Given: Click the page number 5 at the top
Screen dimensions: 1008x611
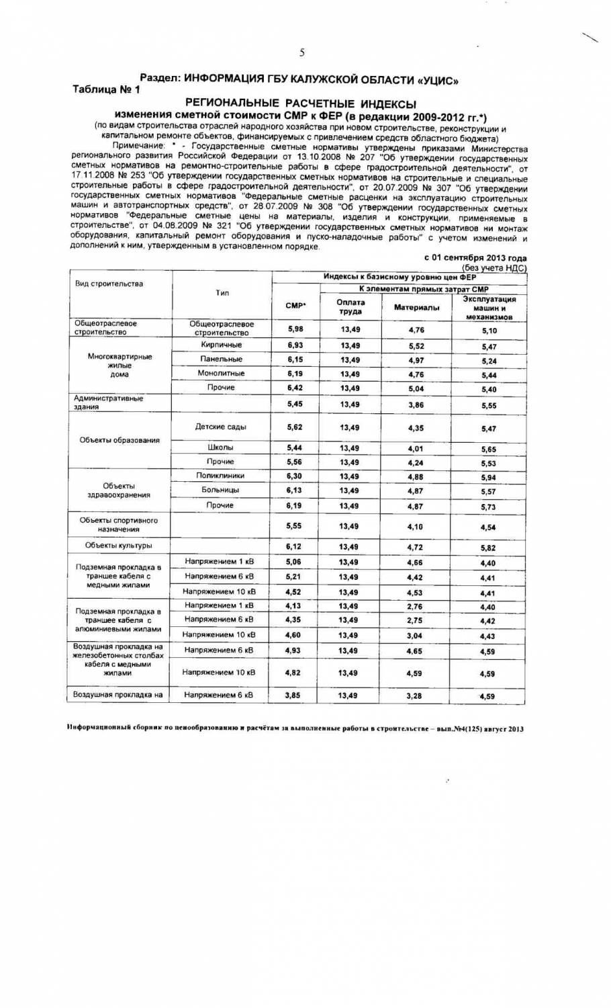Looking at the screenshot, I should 302,52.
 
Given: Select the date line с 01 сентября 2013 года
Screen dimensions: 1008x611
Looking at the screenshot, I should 475,258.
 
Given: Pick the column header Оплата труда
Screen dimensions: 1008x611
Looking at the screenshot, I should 350,306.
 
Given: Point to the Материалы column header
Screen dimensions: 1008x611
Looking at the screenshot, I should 416,308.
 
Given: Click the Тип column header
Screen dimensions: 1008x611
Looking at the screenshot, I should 222,293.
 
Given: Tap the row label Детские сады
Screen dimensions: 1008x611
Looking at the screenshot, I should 220,427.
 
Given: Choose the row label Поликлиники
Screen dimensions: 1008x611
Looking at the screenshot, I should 220,475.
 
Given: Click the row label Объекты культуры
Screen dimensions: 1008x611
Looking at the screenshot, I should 118,545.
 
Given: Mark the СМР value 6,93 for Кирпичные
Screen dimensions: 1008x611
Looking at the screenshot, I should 295,345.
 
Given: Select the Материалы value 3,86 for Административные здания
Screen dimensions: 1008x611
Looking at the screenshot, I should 416,405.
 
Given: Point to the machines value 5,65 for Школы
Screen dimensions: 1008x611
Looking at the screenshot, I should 488,449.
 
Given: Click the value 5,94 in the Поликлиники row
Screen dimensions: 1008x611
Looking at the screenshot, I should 488,477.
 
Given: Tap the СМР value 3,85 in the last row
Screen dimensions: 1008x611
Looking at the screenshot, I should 293,696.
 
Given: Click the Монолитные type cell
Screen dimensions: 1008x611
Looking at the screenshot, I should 221,373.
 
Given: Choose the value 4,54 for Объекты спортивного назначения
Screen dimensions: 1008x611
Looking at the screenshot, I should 488,528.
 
